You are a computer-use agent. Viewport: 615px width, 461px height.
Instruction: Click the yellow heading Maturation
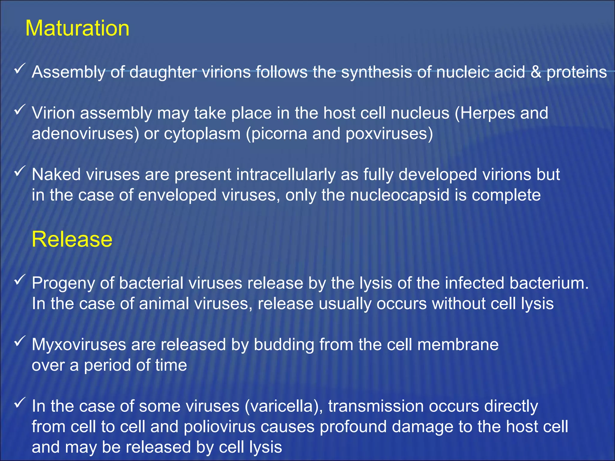tap(77, 29)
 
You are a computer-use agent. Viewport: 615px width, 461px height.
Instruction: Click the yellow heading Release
tap(72, 239)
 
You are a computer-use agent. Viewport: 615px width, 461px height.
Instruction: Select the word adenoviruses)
tap(85, 134)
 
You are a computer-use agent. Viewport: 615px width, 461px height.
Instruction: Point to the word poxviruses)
tap(389, 134)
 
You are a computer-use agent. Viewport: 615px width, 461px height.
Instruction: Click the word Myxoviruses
tap(79, 345)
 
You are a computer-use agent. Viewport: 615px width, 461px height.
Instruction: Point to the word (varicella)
tap(284, 406)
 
